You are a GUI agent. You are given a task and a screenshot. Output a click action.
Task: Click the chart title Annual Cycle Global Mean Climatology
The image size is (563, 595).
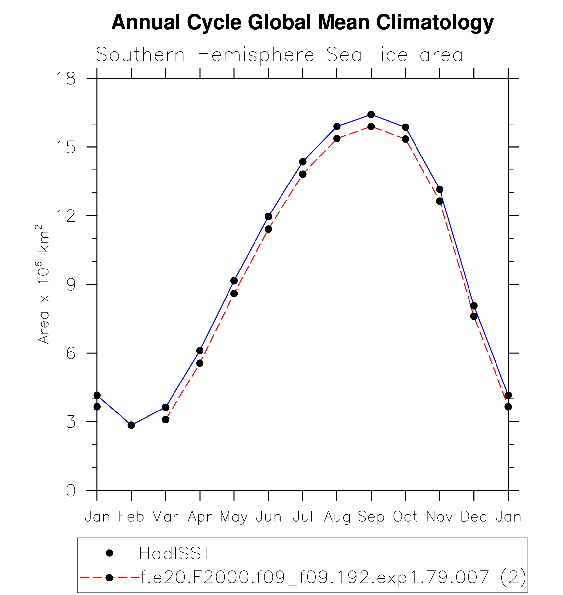[x=302, y=22]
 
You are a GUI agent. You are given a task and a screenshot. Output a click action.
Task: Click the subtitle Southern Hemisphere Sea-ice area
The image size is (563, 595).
[x=279, y=55]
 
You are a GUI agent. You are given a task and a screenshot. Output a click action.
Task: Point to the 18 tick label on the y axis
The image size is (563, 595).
[x=66, y=79]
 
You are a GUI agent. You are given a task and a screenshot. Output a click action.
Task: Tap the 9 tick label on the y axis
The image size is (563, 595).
[x=71, y=284]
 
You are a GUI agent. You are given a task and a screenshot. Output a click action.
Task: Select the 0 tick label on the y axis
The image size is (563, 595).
[x=71, y=491]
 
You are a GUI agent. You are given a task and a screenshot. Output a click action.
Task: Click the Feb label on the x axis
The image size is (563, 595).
[x=131, y=517]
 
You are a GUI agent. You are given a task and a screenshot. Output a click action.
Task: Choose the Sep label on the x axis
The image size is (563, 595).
[x=371, y=517]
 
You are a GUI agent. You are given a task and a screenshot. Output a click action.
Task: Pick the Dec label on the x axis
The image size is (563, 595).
[x=473, y=517]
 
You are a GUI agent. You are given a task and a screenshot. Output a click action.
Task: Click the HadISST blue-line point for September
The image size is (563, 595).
[x=371, y=114]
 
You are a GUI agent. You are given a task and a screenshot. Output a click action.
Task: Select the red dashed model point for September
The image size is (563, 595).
[x=371, y=127]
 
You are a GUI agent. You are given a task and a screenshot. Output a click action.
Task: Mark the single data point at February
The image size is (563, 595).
[x=131, y=425]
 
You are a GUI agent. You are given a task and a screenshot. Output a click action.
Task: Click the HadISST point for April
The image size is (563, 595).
[x=200, y=350]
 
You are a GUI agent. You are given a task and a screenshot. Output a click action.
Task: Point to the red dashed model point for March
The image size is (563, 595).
[x=166, y=419]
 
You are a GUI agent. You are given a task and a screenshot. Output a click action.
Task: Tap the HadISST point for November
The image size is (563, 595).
[x=440, y=189]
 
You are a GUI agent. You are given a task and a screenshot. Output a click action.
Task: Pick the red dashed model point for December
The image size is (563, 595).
[x=474, y=316]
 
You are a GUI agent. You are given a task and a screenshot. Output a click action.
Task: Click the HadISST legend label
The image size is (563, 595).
[x=175, y=553]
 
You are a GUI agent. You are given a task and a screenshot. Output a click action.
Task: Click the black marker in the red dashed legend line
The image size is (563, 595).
[x=109, y=578]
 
